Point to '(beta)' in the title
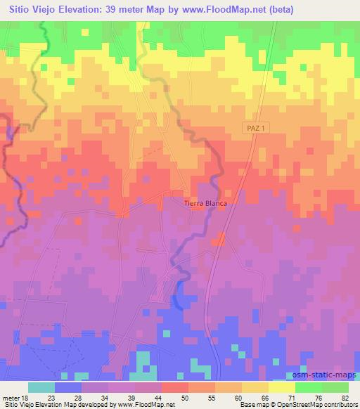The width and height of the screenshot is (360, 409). pyautogui.click(x=279, y=10)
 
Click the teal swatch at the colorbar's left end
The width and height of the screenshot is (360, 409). pyautogui.click(x=41, y=387)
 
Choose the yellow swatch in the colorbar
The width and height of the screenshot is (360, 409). pyautogui.click(x=281, y=387)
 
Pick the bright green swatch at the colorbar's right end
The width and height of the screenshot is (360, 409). pyautogui.click(x=335, y=387)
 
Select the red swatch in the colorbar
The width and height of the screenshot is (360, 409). pyautogui.click(x=174, y=387)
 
